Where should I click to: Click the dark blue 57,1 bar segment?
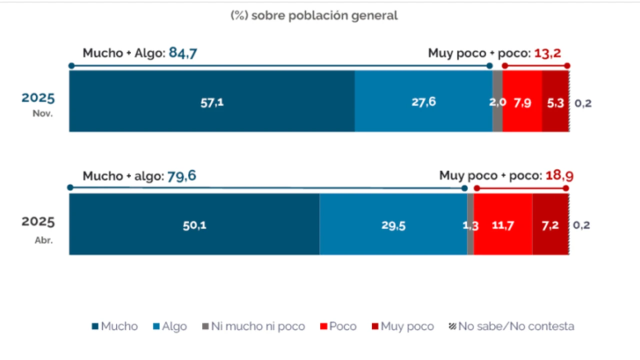[212, 101]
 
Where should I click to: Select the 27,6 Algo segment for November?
[423, 101]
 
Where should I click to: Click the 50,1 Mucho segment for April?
[194, 225]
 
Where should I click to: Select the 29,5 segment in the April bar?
[393, 225]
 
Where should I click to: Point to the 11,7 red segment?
[502, 225]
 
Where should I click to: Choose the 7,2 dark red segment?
[550, 225]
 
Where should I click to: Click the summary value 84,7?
[183, 52]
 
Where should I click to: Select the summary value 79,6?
[182, 176]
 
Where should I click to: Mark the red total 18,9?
[559, 176]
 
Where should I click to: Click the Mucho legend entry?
[114, 326]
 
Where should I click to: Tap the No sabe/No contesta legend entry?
[511, 326]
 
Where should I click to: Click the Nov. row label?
[42, 113]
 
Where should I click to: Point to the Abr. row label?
[43, 239]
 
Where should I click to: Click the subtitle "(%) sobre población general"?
[314, 15]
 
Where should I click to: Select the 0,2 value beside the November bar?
[582, 103]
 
